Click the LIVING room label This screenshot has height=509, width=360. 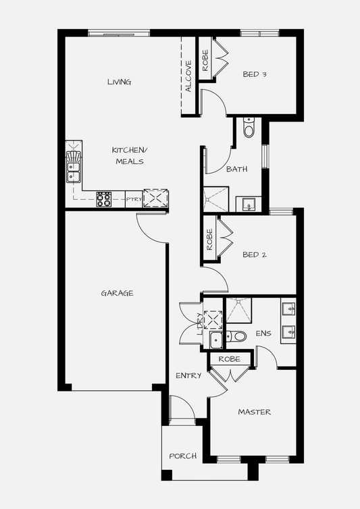[120, 82]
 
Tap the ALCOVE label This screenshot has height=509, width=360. [188, 76]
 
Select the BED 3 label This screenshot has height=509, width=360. [255, 74]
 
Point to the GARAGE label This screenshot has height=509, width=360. [118, 293]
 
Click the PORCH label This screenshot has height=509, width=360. [183, 456]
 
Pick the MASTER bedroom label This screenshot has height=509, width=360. [255, 412]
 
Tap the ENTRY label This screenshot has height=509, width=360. [188, 375]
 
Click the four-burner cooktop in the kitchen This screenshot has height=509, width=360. [103, 199]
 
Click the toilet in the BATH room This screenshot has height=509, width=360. [249, 128]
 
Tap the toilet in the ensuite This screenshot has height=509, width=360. [236, 336]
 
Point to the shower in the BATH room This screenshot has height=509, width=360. [215, 199]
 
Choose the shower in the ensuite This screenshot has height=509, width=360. [239, 310]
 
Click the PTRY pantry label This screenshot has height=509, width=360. [134, 199]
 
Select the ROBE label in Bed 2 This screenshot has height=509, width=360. [209, 239]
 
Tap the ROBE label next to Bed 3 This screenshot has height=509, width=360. [205, 60]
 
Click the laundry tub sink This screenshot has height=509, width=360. [215, 340]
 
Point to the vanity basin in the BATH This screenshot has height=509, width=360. [249, 204]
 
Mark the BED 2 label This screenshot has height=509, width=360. [255, 254]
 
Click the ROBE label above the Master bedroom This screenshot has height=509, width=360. [230, 359]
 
